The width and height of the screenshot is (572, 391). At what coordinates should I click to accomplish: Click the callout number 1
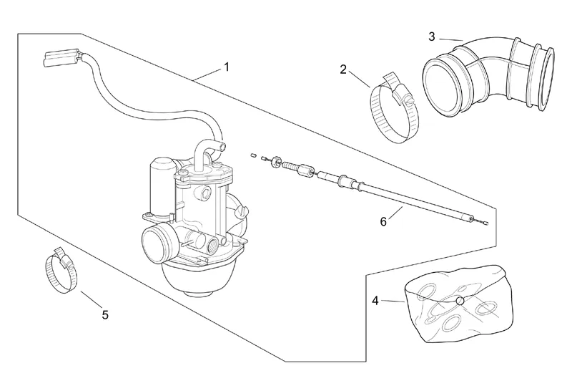tap(227, 67)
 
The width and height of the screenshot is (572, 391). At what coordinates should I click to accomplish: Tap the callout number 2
tap(343, 69)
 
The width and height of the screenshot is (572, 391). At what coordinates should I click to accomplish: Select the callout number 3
tap(432, 37)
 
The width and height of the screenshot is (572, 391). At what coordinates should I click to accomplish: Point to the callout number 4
tap(376, 301)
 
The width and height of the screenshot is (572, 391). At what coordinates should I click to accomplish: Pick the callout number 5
tap(105, 314)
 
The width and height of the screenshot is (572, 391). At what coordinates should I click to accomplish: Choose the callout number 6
tap(383, 221)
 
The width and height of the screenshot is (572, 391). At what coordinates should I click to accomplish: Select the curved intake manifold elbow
tap(489, 75)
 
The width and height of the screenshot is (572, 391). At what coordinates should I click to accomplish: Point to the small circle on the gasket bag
tap(460, 301)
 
